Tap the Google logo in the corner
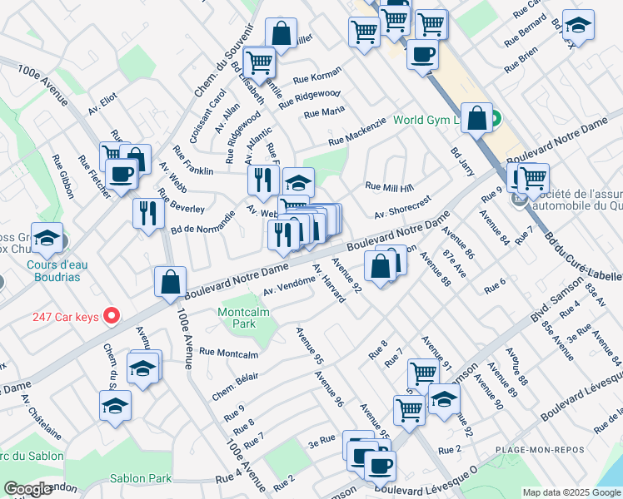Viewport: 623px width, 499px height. click(x=27, y=489)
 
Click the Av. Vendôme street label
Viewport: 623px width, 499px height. click(x=288, y=285)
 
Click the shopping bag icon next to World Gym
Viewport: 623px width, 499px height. click(x=477, y=117)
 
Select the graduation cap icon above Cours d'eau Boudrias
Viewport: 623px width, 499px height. click(x=47, y=238)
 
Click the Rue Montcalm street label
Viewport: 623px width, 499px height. click(x=229, y=353)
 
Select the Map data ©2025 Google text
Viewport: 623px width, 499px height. click(x=571, y=492)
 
